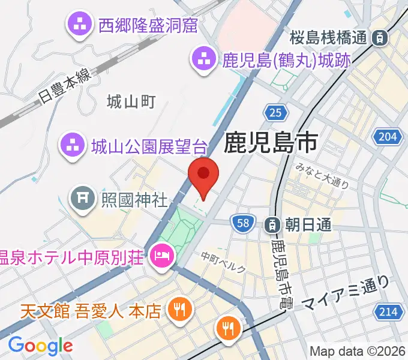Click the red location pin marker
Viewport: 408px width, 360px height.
point(203,175)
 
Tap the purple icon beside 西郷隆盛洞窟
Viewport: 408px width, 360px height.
point(79,25)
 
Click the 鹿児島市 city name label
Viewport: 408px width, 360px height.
point(271,143)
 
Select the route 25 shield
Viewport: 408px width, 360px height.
point(275,112)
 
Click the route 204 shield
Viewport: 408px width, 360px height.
point(388,137)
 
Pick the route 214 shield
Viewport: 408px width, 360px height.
point(388,311)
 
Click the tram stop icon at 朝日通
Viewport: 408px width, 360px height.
point(271,224)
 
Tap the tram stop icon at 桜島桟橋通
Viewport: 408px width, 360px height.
point(379,38)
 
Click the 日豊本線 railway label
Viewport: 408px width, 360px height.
point(62,85)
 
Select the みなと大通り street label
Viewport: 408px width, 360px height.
point(322,178)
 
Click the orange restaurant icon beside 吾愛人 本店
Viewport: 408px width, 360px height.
point(179,310)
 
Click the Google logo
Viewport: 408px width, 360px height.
point(41,345)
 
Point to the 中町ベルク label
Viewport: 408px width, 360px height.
point(223,262)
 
